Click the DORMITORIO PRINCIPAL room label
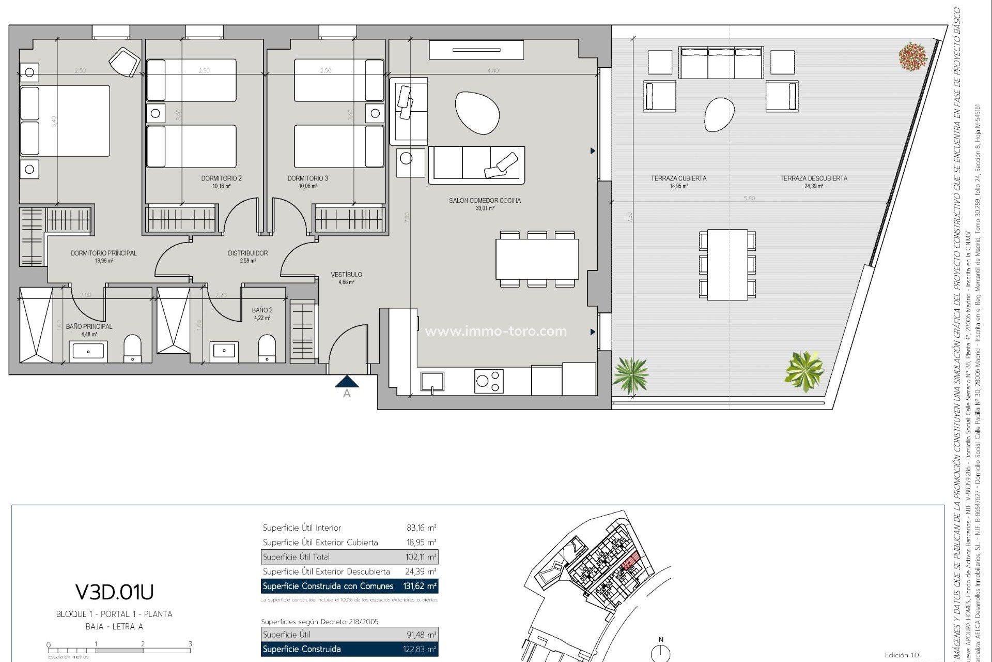click(104, 253)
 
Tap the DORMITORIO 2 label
click(221, 178)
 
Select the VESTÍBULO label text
click(346, 275)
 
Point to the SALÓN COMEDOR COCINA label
click(485, 201)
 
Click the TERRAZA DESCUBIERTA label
click(813, 178)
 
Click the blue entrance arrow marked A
click(347, 382)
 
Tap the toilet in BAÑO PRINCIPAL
click(133, 349)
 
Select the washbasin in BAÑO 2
click(224, 351)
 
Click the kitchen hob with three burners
click(489, 381)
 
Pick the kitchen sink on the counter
click(432, 382)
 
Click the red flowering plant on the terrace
click(912, 56)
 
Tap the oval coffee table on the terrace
click(719, 114)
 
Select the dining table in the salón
click(537, 259)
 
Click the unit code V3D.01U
click(114, 592)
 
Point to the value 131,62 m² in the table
click(420, 586)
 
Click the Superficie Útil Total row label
click(296, 557)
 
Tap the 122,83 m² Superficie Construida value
click(420, 649)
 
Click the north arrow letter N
click(660, 640)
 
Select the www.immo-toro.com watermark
click(495, 331)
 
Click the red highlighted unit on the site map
click(630, 562)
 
